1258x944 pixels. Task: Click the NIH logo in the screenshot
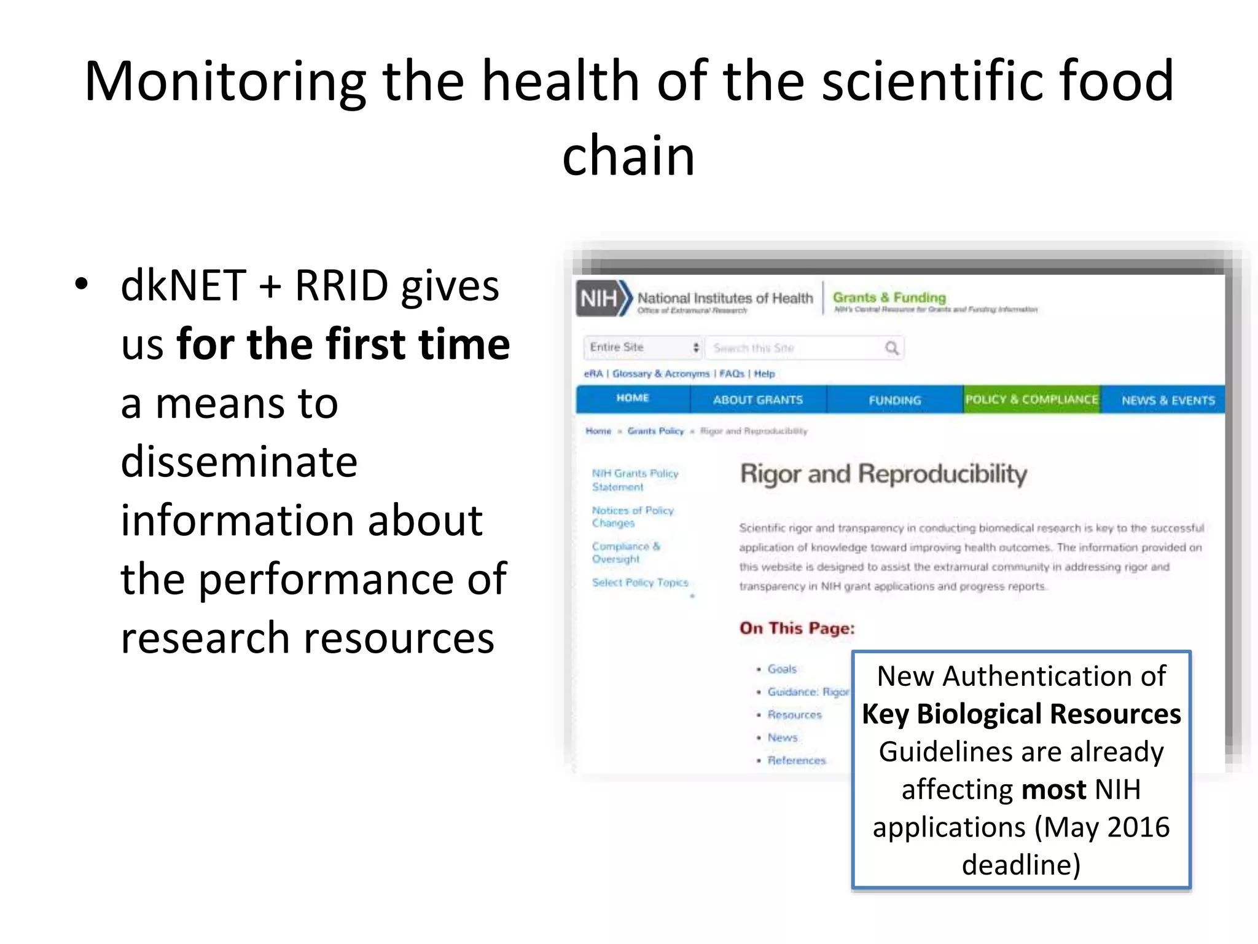click(604, 299)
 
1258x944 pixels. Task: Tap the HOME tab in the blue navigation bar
click(632, 398)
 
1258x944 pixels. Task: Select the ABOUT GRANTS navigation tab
click(757, 400)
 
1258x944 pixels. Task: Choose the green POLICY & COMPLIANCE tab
click(1031, 399)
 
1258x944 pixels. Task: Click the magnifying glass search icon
click(891, 348)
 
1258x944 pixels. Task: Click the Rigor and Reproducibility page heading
click(883, 474)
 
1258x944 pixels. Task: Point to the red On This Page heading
click(797, 628)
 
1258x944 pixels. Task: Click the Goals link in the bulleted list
click(781, 669)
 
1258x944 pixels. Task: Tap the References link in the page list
click(796, 760)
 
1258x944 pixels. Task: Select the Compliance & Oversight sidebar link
click(625, 553)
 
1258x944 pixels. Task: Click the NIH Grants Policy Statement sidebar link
click(635, 480)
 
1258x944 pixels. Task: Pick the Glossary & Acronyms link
click(660, 374)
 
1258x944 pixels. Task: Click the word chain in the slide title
click(628, 155)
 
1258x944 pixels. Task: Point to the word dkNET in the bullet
click(183, 286)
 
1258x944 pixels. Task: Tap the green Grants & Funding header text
click(889, 297)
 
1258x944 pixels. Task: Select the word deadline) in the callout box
click(1021, 865)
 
